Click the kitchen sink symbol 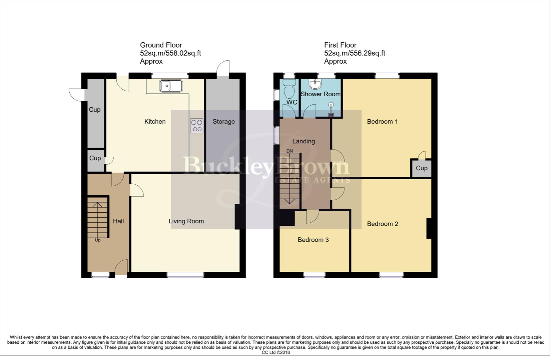170,86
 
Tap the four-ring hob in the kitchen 196,126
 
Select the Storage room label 223,122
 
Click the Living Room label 186,221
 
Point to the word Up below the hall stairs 97,240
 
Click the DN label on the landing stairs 290,151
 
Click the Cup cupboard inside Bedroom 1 421,168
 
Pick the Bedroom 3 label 313,240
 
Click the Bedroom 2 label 382,224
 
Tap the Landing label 303,141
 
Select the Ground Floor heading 161,45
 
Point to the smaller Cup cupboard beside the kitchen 95,158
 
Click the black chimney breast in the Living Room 237,217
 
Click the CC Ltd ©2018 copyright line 276,352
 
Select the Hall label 118,221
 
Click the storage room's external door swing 223,68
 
